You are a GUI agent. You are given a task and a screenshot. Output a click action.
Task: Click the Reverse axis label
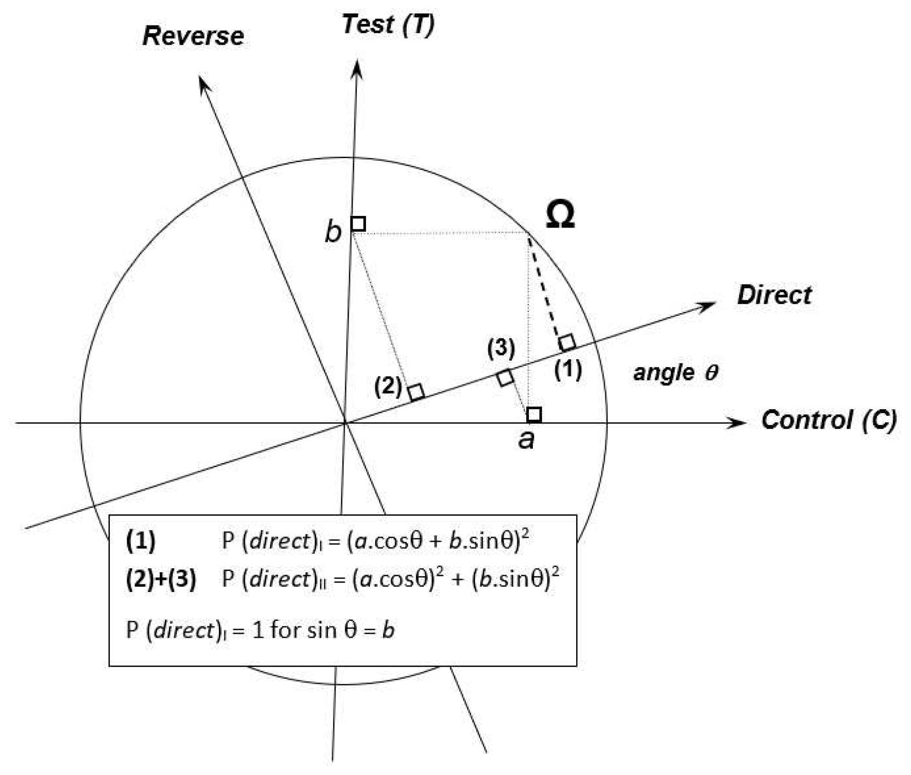(x=193, y=36)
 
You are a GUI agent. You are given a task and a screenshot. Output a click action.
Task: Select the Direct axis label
(x=774, y=295)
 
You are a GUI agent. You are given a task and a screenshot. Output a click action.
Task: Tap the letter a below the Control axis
(x=526, y=439)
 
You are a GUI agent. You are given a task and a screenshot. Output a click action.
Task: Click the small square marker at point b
(x=358, y=224)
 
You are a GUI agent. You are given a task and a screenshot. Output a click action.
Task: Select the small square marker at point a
(x=534, y=414)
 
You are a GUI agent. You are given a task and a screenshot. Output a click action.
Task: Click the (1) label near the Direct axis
(x=568, y=370)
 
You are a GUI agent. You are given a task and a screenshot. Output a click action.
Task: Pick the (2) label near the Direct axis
(x=388, y=387)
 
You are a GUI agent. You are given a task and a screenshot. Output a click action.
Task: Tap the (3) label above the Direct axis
(x=501, y=348)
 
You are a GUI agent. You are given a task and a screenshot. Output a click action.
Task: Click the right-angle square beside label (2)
(x=416, y=392)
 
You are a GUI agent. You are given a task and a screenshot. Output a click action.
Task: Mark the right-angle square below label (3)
(x=505, y=378)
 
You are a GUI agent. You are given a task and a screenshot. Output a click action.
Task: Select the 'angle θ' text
(x=675, y=373)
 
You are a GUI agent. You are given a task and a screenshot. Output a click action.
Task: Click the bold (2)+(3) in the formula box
(x=161, y=579)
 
